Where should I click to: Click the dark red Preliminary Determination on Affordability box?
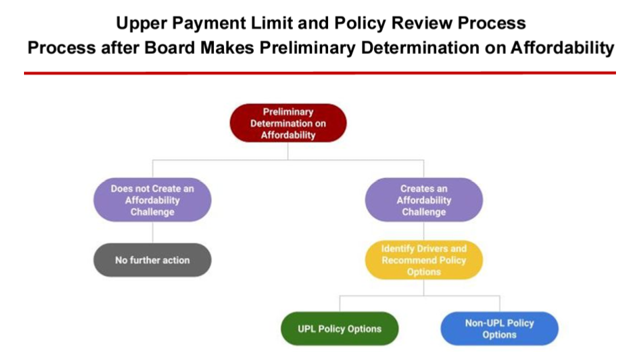tap(288, 123)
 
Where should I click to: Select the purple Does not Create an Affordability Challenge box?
tap(152, 200)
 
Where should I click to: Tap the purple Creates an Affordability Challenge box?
tap(424, 200)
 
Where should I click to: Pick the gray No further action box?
tap(152, 260)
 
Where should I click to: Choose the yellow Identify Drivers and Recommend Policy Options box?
tap(424, 260)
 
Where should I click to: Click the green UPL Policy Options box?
tap(339, 329)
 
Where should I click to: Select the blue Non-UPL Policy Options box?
tap(499, 329)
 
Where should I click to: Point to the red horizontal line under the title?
tap(320, 73)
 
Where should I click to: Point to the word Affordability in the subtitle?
tap(563, 49)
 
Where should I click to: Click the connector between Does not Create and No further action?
tap(153, 233)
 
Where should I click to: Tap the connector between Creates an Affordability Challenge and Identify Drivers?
tap(424, 231)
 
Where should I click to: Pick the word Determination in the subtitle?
tap(420, 48)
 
